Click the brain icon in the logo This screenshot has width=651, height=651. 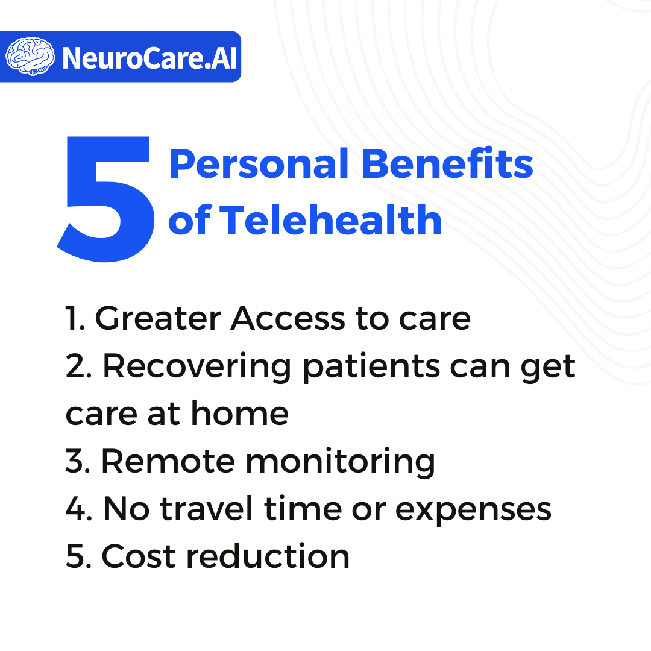30,57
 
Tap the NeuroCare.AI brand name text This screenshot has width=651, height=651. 149,58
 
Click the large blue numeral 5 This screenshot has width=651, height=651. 106,199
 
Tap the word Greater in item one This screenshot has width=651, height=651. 158,318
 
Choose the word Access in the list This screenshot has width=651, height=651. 288,318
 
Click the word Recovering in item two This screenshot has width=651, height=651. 197,368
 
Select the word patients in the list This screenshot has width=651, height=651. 371,368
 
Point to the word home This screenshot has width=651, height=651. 239,414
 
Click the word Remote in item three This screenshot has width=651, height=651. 168,461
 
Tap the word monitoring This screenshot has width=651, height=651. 340,463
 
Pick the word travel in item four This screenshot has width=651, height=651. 206,508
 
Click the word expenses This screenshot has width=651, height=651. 473,511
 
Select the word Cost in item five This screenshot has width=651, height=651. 139,556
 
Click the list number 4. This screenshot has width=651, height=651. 75,508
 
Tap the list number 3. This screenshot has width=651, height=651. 75,461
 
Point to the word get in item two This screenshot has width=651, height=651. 548,370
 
